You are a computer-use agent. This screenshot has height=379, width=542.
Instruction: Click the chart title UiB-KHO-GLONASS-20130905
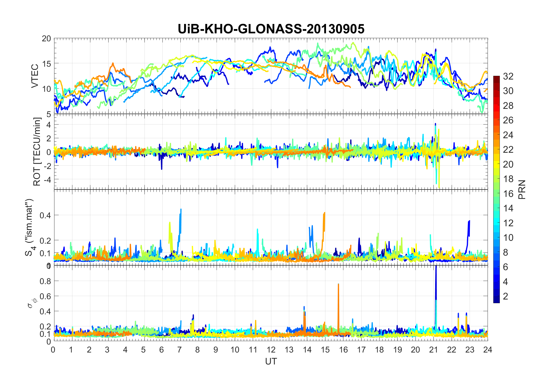(x=271, y=29)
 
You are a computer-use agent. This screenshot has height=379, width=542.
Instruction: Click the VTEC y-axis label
(x=35, y=76)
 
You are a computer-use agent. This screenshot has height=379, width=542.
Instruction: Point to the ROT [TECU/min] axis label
(x=37, y=152)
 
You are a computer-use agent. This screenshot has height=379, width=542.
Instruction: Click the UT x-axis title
(x=271, y=361)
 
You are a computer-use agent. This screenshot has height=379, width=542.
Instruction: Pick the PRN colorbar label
(x=522, y=189)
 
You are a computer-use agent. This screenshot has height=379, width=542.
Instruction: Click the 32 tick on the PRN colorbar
(x=508, y=76)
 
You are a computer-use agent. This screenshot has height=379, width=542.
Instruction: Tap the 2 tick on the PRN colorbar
(x=506, y=296)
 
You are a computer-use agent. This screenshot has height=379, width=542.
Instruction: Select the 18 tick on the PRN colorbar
(x=508, y=179)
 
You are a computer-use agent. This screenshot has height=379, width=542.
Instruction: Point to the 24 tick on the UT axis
(x=488, y=350)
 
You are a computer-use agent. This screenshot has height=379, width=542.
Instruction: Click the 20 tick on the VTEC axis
(x=46, y=38)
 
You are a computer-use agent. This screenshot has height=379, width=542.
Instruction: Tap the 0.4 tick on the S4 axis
(x=45, y=215)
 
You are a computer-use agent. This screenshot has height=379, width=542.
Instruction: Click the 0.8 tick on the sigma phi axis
(x=45, y=281)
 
